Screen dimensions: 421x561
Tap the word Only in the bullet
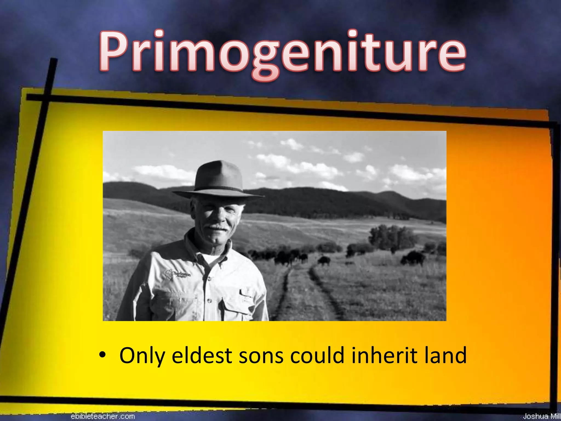pyautogui.click(x=142, y=355)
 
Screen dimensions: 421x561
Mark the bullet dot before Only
pyautogui.click(x=102, y=355)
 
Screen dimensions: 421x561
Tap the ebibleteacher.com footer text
pyautogui.click(x=103, y=416)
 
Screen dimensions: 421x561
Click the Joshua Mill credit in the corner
pyautogui.click(x=541, y=416)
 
